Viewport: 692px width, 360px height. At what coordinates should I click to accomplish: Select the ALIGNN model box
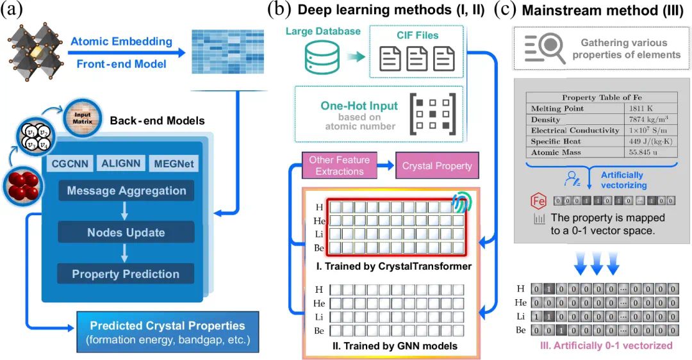tap(120, 163)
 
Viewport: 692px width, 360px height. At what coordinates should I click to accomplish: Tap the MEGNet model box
tap(172, 163)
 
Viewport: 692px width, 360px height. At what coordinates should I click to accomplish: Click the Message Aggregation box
tap(126, 191)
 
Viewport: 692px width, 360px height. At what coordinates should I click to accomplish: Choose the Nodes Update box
tap(126, 233)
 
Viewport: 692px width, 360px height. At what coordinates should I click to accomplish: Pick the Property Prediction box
tap(126, 274)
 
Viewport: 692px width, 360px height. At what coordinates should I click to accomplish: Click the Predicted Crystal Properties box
tap(167, 332)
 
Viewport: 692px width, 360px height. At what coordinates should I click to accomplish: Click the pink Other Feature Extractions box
tap(340, 165)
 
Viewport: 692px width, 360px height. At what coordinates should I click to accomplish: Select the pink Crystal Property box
tap(437, 165)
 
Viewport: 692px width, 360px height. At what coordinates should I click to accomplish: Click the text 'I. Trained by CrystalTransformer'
tap(384, 266)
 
